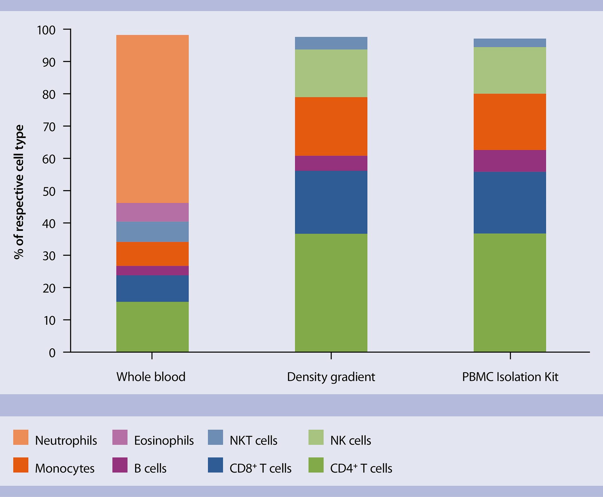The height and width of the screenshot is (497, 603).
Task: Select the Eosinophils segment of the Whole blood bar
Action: click(x=152, y=212)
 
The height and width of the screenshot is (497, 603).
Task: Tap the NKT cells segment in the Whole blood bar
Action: click(x=152, y=232)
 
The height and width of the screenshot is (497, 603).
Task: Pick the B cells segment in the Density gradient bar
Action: click(x=331, y=163)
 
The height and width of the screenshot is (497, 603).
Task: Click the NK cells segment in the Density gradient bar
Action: click(x=331, y=73)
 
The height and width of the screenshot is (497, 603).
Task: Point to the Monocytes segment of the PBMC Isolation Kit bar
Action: click(x=509, y=122)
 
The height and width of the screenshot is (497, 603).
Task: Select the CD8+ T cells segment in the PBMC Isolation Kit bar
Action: click(x=509, y=202)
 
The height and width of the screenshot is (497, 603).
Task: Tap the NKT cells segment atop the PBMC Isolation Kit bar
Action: click(x=509, y=43)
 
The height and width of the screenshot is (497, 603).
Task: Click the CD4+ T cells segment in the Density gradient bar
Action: click(x=331, y=292)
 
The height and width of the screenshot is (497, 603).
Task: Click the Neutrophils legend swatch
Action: click(x=21, y=437)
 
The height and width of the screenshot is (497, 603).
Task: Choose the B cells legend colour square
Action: click(x=120, y=465)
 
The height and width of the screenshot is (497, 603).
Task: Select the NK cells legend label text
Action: click(x=350, y=440)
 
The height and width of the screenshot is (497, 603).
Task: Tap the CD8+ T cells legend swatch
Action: click(x=215, y=465)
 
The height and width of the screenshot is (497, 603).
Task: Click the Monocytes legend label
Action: click(x=65, y=468)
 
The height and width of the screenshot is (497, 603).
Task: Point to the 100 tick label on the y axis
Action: click(x=46, y=30)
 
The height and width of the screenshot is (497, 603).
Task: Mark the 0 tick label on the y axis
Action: click(x=52, y=353)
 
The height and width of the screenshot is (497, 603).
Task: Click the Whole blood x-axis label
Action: click(x=151, y=377)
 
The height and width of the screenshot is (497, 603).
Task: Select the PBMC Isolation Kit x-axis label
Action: click(x=510, y=377)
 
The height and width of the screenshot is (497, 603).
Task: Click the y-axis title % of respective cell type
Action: click(x=19, y=192)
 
